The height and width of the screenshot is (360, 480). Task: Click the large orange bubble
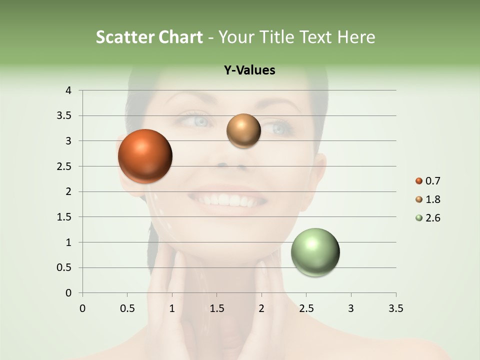[x=145, y=156]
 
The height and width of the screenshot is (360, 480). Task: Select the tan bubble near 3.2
[x=243, y=131]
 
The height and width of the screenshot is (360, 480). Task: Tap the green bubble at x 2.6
[x=315, y=252]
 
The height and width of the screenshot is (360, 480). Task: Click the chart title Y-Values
[x=249, y=70]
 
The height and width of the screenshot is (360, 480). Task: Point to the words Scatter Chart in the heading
[x=149, y=37]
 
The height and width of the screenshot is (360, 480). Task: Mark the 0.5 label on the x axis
[x=127, y=308]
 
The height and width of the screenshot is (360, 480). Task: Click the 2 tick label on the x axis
[x=261, y=308]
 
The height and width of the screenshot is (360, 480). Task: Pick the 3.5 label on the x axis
[x=395, y=308]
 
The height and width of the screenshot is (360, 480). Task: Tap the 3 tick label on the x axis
[x=351, y=308]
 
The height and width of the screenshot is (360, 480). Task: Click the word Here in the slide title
[x=356, y=37]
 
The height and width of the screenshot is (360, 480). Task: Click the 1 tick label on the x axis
[x=172, y=308]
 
